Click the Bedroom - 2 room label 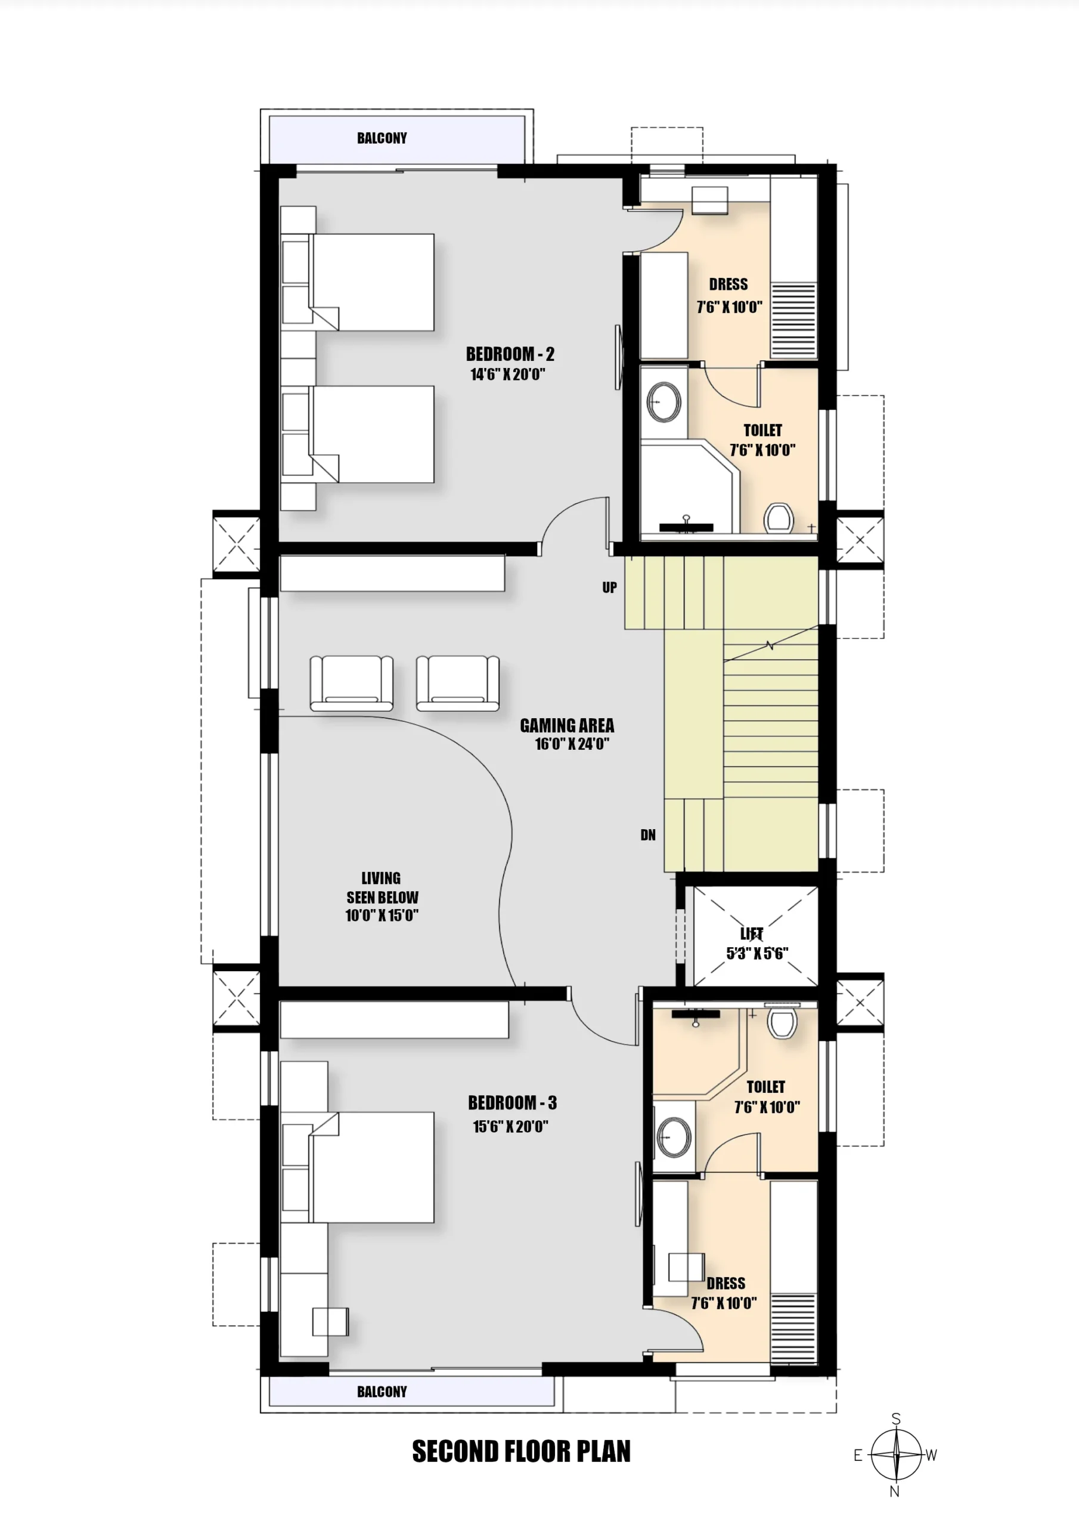(510, 354)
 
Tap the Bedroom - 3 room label (512, 1103)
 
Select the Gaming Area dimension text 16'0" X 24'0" (572, 744)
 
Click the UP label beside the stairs (610, 588)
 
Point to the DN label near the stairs (648, 834)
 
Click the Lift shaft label (752, 933)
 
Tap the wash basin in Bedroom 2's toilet (664, 401)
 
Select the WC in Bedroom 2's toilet (779, 518)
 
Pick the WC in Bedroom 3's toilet (783, 1023)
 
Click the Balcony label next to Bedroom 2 (382, 138)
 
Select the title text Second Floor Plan (521, 1451)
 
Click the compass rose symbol (896, 1455)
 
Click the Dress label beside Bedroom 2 (728, 284)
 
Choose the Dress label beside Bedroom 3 (726, 1283)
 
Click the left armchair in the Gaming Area (352, 683)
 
